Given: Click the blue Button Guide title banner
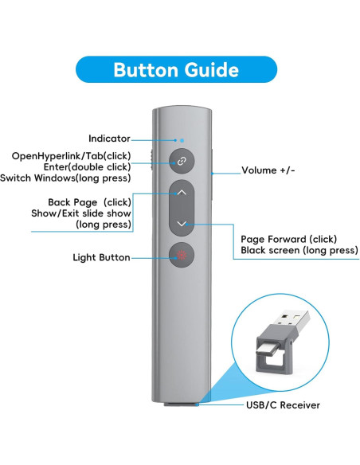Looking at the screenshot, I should [175, 69].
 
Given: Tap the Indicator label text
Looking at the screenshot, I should [109, 139].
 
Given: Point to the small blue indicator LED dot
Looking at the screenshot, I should [182, 138].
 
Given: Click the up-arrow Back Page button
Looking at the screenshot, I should [182, 193].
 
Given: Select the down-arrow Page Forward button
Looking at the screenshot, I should [182, 224].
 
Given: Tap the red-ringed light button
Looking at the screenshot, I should [182, 256].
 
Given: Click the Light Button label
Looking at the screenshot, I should [101, 257].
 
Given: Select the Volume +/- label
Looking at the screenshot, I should [268, 170].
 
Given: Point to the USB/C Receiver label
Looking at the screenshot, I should [282, 405].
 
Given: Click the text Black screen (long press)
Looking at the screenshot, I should [299, 251].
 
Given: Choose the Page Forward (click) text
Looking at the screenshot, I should [288, 239].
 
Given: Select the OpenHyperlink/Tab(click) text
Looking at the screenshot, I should [82, 155].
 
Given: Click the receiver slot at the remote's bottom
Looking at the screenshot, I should [182, 405].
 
